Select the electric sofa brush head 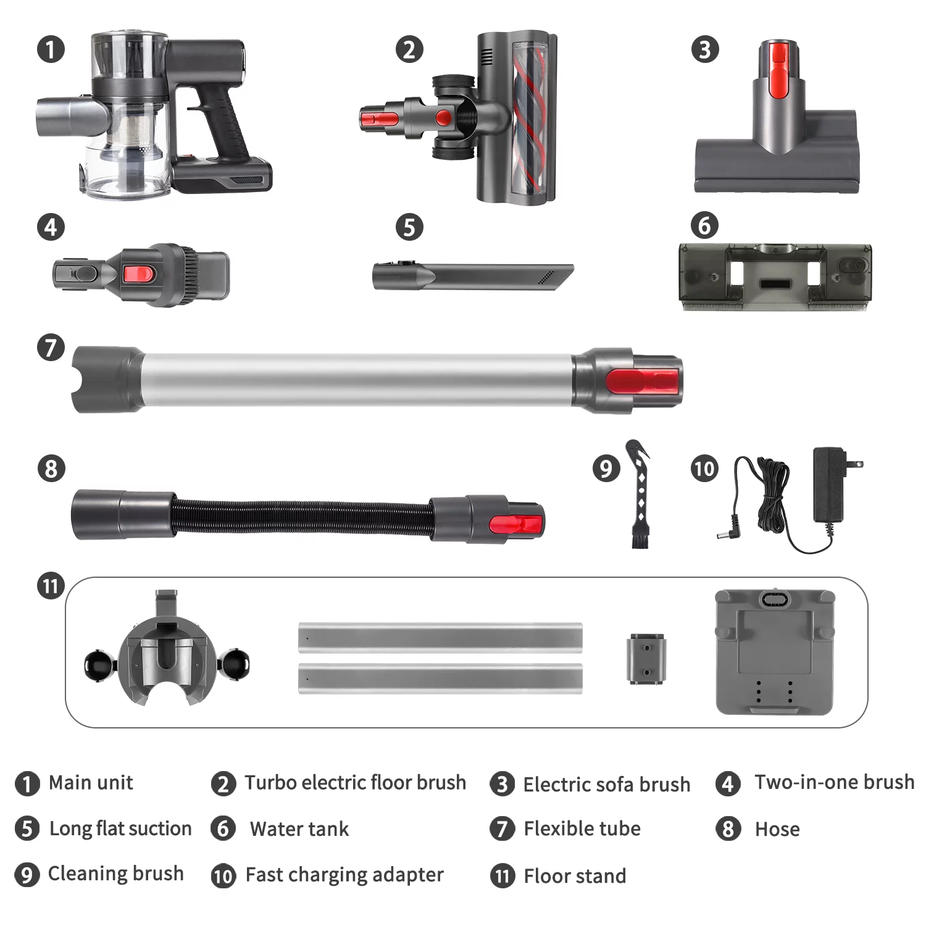(777, 117)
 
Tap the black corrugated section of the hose (302, 515)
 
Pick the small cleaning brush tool (639, 494)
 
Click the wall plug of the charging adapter (830, 485)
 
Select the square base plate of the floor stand (775, 652)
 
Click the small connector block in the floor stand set (646, 658)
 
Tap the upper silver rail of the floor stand (440, 638)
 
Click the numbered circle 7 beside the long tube (51, 348)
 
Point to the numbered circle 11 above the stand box (51, 585)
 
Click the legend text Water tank (299, 828)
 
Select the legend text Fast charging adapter (344, 875)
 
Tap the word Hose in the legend (777, 829)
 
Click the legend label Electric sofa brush (607, 784)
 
